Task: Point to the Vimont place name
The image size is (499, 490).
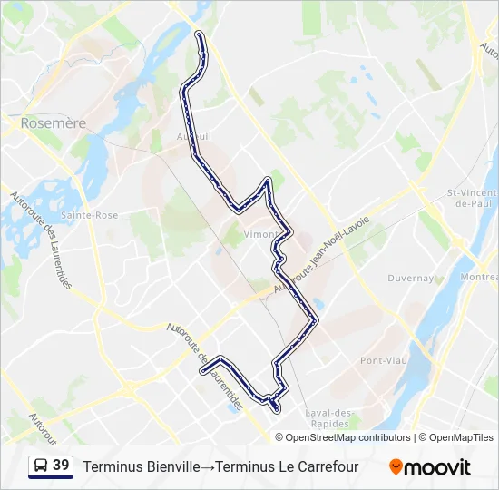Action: (261, 233)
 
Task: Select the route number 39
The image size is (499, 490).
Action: (61, 465)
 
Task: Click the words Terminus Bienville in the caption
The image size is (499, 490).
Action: (141, 467)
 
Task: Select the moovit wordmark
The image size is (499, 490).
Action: (438, 467)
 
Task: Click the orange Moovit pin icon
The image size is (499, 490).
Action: (396, 467)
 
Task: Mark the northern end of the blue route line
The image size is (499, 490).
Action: (200, 34)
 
